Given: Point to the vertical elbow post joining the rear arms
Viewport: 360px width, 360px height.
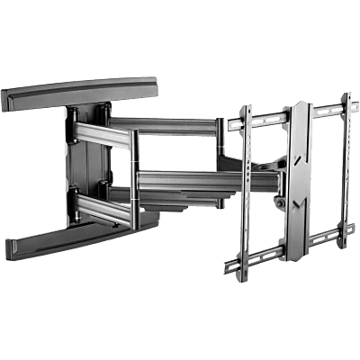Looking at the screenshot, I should (x=132, y=171).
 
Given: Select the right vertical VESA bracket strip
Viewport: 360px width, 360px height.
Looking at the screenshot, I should (x=345, y=171).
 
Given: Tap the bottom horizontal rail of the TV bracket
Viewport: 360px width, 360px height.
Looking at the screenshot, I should (x=288, y=256).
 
